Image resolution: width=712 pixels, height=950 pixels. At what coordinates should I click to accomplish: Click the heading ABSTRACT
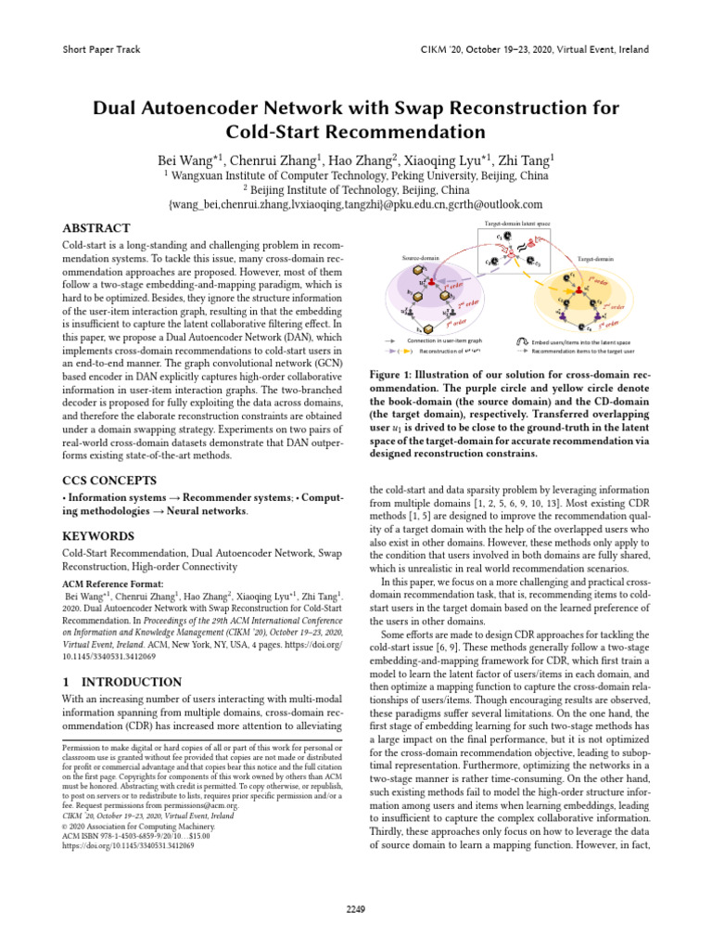[x=95, y=228]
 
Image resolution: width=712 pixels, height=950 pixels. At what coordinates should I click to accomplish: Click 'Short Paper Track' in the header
[x=99, y=49]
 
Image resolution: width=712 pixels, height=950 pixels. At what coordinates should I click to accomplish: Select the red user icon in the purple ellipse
[x=427, y=279]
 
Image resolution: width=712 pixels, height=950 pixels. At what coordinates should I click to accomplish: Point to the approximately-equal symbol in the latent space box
[x=530, y=248]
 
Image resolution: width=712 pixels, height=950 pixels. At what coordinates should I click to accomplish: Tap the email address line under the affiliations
[x=355, y=203]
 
